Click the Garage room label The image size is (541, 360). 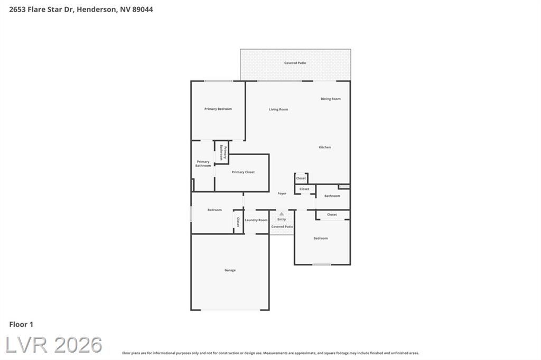pos(230,270)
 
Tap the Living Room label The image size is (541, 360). pos(278,110)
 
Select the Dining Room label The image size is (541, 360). pos(331,99)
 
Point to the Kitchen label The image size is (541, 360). pos(325,147)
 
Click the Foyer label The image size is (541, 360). pos(282,193)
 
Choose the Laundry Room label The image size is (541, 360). pos(256,220)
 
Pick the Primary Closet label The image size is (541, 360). pos(243,172)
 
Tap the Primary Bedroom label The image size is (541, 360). pos(218,109)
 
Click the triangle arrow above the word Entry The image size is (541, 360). pos(282,214)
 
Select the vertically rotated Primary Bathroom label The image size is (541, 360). pos(223,153)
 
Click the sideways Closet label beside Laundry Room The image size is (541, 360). pos(238,222)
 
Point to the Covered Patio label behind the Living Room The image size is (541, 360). pos(295,63)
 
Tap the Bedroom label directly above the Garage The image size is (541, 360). pos(214,210)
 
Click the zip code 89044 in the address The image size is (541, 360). pos(143,10)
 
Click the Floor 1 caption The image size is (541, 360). pos(21,325)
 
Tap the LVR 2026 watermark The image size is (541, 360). pos(54,345)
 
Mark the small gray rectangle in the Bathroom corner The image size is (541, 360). pos(344,186)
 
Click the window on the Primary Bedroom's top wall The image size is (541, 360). pos(218,81)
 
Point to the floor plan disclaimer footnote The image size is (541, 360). pos(270,353)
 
